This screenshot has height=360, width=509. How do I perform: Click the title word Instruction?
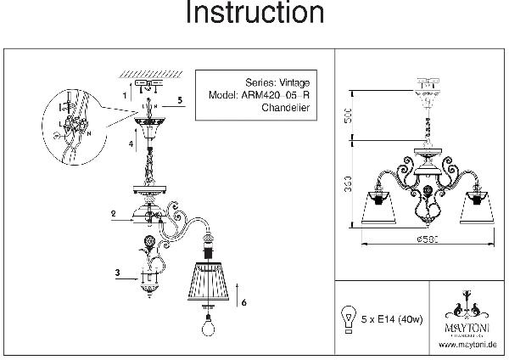(x=255, y=14)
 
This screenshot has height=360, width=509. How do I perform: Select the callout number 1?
(x=124, y=96)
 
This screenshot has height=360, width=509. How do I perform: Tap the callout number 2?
(x=112, y=216)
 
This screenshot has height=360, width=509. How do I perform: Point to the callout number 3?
(x=118, y=273)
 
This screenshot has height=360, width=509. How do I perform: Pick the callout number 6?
(x=243, y=302)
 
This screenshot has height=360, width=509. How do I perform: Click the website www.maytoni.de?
(x=467, y=344)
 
